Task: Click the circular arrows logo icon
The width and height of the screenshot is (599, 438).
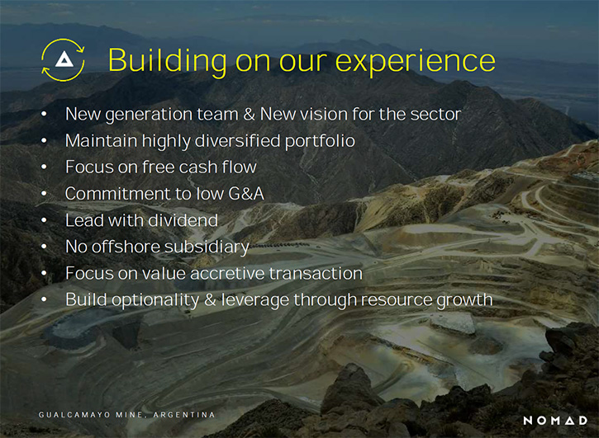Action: (63, 60)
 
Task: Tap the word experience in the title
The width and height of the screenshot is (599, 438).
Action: (416, 62)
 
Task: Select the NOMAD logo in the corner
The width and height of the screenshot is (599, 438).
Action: (555, 421)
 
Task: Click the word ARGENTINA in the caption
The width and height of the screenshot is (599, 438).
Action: (184, 415)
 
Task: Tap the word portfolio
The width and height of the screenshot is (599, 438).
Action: (320, 141)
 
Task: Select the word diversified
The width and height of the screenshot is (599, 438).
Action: (238, 140)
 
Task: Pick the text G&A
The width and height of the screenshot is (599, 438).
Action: (246, 194)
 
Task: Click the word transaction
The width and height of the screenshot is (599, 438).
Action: (316, 274)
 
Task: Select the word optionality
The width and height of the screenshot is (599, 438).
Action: (155, 300)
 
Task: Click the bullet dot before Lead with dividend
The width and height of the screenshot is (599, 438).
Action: (44, 220)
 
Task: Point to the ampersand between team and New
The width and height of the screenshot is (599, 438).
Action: (249, 115)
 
